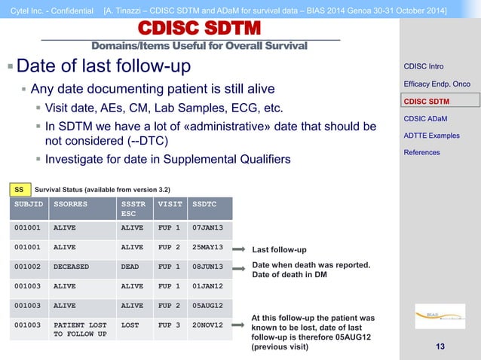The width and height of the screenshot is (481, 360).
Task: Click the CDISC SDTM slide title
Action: click(200, 29)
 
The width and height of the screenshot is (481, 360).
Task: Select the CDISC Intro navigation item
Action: click(423, 66)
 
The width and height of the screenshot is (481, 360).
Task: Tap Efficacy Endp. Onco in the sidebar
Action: click(437, 84)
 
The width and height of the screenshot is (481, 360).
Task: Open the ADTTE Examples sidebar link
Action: click(431, 136)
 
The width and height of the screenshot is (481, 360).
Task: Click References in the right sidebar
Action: click(422, 153)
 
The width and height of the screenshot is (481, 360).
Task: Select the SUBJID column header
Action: click(29, 203)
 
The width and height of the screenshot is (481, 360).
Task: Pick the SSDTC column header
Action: click(204, 203)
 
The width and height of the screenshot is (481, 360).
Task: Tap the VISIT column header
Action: click(168, 203)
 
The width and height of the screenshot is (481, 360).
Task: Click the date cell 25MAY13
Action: click(207, 247)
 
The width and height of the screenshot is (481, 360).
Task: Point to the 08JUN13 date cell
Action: click(207, 267)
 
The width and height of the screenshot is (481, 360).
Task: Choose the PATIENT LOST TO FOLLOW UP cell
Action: click(80, 329)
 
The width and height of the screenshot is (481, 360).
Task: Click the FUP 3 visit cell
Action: click(169, 325)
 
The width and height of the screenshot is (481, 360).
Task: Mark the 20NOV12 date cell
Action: click(207, 325)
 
